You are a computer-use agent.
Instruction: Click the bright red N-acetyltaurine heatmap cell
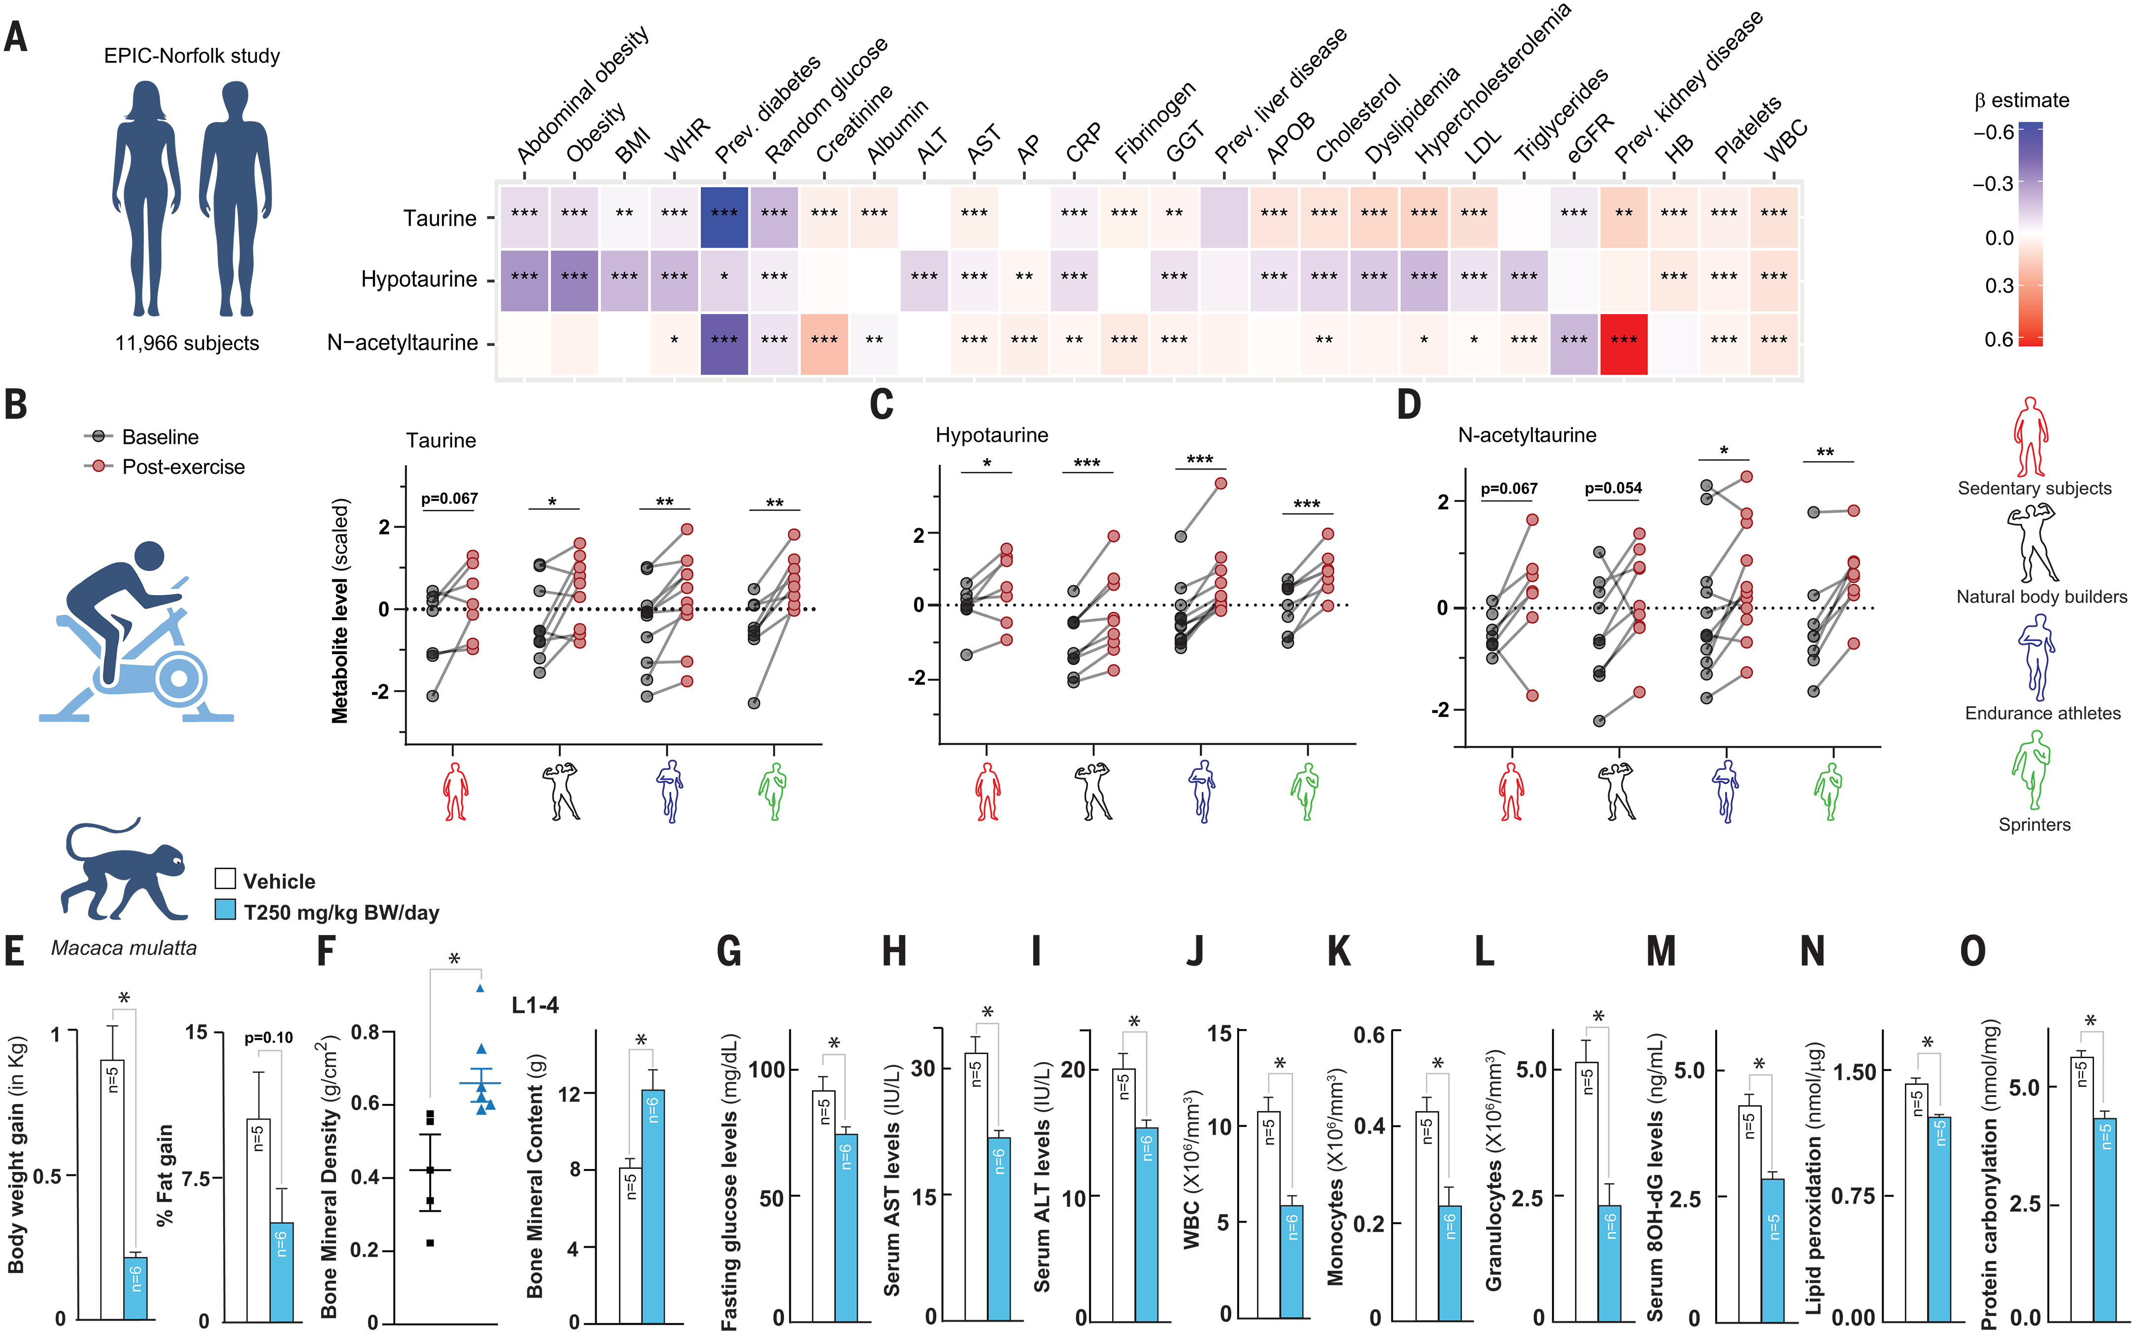(x=1624, y=344)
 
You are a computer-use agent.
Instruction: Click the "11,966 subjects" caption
(x=187, y=343)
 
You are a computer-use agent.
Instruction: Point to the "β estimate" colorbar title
(x=2021, y=100)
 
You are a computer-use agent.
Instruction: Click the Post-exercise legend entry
(x=183, y=467)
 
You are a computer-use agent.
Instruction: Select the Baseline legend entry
(x=160, y=437)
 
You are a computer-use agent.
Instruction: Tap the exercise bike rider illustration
(x=133, y=631)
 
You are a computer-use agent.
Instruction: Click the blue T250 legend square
(x=226, y=910)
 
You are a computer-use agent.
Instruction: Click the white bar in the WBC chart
(x=1269, y=1214)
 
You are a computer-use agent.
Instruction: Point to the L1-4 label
(x=535, y=1005)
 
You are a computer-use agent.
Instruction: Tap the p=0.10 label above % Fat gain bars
(x=268, y=1037)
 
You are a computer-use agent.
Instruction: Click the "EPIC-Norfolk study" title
(x=192, y=56)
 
